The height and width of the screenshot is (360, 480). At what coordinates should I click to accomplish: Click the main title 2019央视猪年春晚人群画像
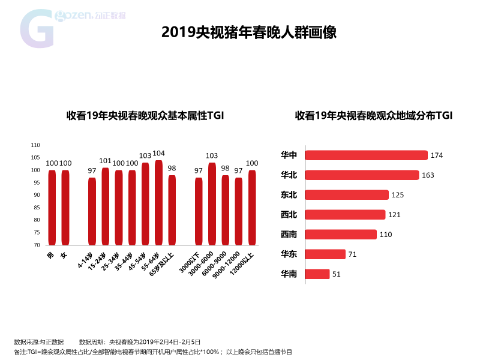click(x=249, y=32)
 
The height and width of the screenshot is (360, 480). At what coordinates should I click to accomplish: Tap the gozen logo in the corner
click(x=73, y=28)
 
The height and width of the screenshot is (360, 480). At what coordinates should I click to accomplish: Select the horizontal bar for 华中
click(x=366, y=155)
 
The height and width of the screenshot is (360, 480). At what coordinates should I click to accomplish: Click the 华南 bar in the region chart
click(x=317, y=274)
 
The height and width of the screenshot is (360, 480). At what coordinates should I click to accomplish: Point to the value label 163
click(x=428, y=175)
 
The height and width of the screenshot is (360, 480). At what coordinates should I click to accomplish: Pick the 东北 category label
click(x=289, y=194)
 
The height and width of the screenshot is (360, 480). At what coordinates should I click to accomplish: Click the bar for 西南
click(x=341, y=235)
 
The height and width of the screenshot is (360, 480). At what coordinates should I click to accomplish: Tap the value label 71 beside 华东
click(x=352, y=254)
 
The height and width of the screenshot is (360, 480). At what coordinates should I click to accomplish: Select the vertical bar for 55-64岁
click(x=158, y=203)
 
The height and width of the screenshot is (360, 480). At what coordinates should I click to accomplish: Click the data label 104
click(x=158, y=153)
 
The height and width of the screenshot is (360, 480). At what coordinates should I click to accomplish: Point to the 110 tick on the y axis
click(x=35, y=145)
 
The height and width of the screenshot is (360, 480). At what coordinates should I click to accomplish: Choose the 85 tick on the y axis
click(x=37, y=208)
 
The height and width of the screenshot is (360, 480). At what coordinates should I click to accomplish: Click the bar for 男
click(x=52, y=208)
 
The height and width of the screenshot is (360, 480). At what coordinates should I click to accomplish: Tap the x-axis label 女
click(x=64, y=255)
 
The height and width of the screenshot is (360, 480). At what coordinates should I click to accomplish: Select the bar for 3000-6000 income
click(x=212, y=204)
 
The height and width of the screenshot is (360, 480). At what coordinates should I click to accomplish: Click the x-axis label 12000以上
click(x=242, y=263)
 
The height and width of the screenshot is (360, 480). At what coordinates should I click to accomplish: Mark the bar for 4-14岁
click(x=92, y=211)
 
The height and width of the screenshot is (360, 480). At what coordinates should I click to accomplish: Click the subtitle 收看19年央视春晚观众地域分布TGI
click(x=374, y=115)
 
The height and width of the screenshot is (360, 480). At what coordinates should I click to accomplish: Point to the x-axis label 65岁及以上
click(x=161, y=264)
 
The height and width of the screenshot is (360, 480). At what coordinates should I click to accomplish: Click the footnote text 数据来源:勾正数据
click(x=39, y=342)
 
